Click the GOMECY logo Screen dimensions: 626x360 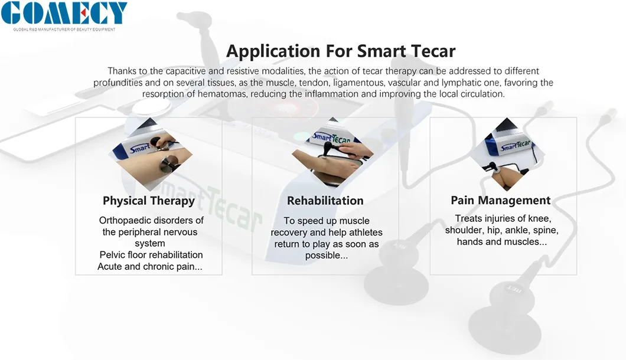click(x=64, y=13)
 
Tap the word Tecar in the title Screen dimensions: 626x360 click(x=433, y=51)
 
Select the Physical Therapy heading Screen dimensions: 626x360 click(x=148, y=201)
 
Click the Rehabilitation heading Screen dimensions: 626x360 click(x=325, y=200)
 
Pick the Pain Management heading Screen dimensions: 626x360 click(x=501, y=200)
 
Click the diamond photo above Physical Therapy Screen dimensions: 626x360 click(x=150, y=153)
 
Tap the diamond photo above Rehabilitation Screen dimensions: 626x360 click(x=332, y=152)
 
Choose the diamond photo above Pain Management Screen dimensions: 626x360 click(x=507, y=154)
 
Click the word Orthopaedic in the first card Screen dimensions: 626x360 click(x=125, y=220)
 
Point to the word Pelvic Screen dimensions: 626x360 click(x=112, y=254)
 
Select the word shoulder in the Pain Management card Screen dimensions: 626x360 click(x=463, y=230)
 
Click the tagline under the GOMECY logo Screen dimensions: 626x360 click(x=64, y=30)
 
